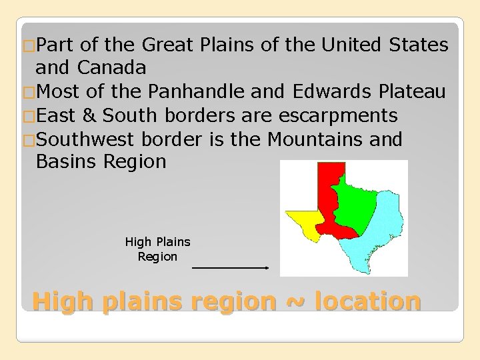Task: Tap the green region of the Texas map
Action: point(357,203)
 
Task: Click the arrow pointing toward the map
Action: point(230,267)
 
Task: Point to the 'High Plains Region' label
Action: point(157,249)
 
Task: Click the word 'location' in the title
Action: point(367,301)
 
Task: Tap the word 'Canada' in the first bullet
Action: point(112,68)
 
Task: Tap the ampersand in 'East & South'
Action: point(90,115)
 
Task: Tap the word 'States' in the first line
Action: point(418,45)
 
